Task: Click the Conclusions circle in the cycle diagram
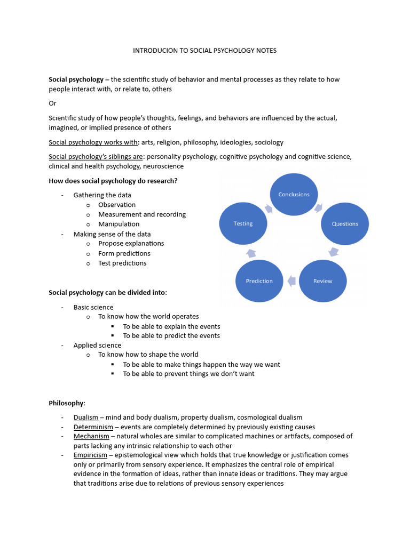pyautogui.click(x=294, y=195)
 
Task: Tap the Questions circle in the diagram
pyautogui.click(x=345, y=223)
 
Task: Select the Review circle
pyautogui.click(x=322, y=281)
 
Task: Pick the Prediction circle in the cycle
pyautogui.click(x=259, y=281)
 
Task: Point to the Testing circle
pyautogui.click(x=243, y=223)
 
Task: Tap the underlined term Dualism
pyautogui.click(x=86, y=417)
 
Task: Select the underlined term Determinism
pyautogui.click(x=93, y=427)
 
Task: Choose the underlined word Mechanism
pyautogui.click(x=92, y=436)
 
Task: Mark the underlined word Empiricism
pyautogui.click(x=91, y=455)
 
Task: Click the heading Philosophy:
pyautogui.click(x=67, y=403)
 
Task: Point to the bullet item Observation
pyautogui.click(x=117, y=205)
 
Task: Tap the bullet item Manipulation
pyautogui.click(x=119, y=224)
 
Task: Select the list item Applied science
pyautogui.click(x=97, y=345)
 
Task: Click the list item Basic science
pyautogui.click(x=93, y=307)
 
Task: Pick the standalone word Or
pyautogui.click(x=52, y=103)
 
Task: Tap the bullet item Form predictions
pyautogui.click(x=124, y=253)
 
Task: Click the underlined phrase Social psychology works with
pyautogui.click(x=93, y=142)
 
